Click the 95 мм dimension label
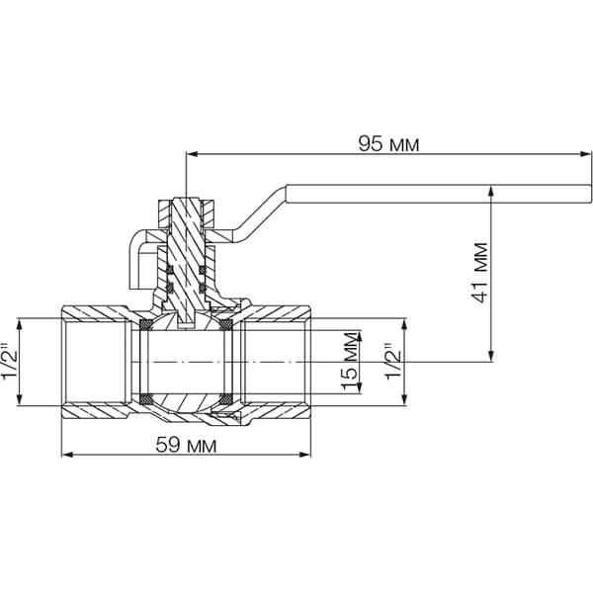pos(388,144)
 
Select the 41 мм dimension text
pos(480,273)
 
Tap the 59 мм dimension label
pos(186,445)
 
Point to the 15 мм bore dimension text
pos(349,361)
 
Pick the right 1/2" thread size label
pos(392,361)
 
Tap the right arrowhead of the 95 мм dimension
pos(586,154)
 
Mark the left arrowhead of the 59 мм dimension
pos(67,455)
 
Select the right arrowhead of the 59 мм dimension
pos(304,455)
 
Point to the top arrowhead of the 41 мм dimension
pos(491,191)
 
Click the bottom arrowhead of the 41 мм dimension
pos(491,356)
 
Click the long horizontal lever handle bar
pos(439,194)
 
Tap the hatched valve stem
pos(187,261)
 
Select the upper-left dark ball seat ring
pos(146,324)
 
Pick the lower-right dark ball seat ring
pos(225,399)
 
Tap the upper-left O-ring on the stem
pos(170,270)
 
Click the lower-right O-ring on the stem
pos(203,289)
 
